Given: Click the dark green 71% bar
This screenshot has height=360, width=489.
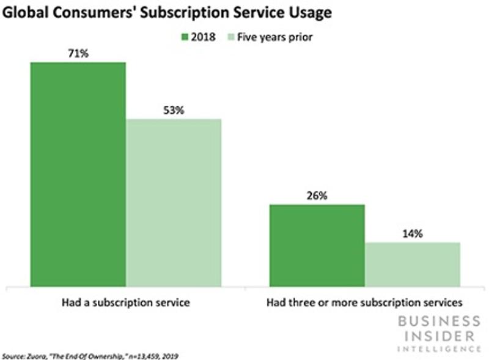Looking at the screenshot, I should (x=78, y=174).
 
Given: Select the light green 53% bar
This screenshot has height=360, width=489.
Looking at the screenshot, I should (x=173, y=202).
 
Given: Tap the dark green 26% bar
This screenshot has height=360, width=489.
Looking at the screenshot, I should (x=317, y=244).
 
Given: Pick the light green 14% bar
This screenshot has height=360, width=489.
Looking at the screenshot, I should (x=413, y=263).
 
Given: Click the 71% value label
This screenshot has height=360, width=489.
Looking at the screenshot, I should (x=78, y=54).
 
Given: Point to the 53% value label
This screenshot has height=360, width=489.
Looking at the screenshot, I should (x=173, y=111).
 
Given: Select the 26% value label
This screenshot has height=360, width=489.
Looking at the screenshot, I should (x=317, y=196).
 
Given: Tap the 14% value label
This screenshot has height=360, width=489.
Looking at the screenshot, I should (x=413, y=233).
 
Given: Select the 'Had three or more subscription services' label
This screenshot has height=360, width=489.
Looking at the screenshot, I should (x=365, y=302).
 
